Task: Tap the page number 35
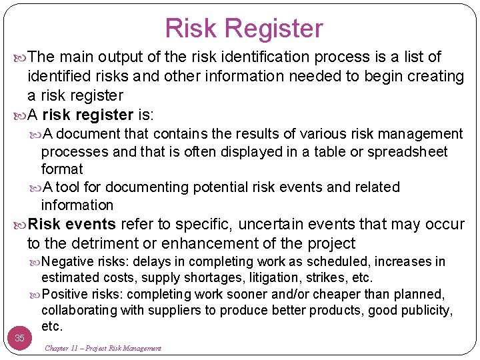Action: pyautogui.click(x=19, y=338)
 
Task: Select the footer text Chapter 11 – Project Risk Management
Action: pyautogui.click(x=103, y=348)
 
